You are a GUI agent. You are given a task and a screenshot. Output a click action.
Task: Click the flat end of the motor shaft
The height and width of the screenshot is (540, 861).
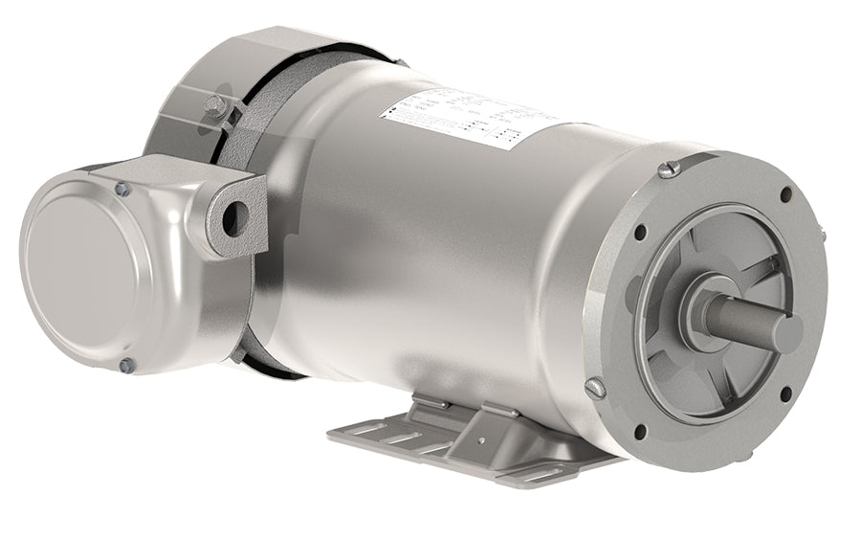pyautogui.click(x=787, y=333)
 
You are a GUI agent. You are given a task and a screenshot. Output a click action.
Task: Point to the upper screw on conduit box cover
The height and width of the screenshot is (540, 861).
pyautogui.click(x=122, y=190)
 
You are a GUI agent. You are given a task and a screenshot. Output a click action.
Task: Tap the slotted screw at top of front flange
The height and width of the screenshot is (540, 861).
pyautogui.click(x=670, y=169)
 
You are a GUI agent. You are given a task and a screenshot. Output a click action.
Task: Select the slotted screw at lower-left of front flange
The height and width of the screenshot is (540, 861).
pyautogui.click(x=595, y=388)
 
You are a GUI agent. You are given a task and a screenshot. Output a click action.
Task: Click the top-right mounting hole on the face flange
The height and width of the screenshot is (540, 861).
pyautogui.click(x=785, y=194)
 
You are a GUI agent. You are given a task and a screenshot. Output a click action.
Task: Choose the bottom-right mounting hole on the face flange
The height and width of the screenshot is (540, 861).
pyautogui.click(x=785, y=394)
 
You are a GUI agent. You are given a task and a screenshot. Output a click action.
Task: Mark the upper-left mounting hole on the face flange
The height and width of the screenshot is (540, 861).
pyautogui.click(x=640, y=232)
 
